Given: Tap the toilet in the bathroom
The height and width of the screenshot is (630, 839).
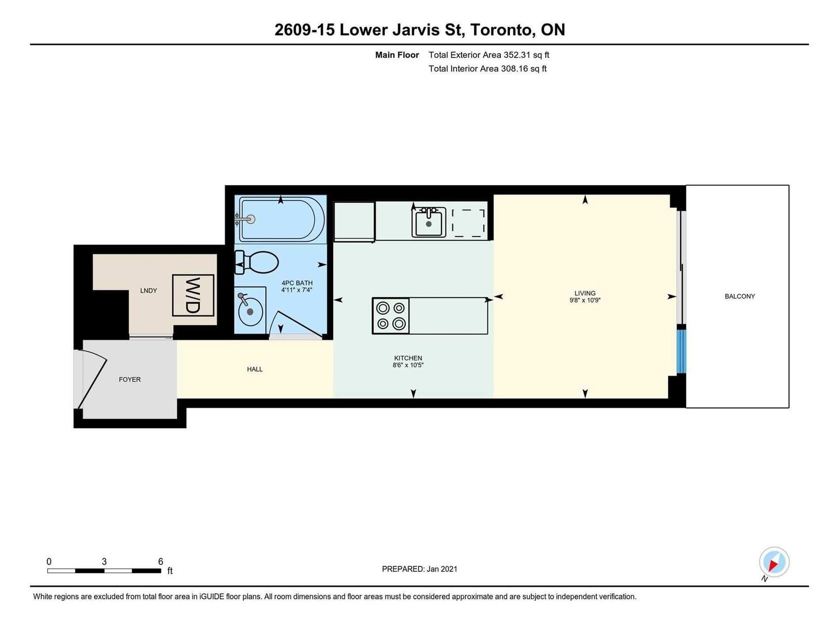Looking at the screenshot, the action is pos(256,262).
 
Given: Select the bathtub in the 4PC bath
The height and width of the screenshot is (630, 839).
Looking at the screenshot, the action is pos(282,219).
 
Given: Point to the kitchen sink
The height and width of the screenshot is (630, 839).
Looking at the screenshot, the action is pos(429,222).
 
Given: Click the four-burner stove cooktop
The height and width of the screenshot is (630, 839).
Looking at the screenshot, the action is pos(391,316).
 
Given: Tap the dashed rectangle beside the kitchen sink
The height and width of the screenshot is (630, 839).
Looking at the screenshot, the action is pos(468,223).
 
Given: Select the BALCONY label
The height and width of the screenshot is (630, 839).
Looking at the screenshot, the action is pos(739,296).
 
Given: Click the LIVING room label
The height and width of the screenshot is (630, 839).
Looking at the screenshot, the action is pos(585,293).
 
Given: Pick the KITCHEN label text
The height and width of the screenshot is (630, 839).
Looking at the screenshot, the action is pos(408,358).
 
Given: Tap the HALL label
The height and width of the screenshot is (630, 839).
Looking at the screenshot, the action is pos(254,369).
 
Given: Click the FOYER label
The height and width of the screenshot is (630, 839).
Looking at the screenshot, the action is pos(130,380).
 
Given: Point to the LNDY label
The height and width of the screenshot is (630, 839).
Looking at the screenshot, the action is pos(148,291).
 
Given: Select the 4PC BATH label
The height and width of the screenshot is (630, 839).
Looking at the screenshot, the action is pos(297,283).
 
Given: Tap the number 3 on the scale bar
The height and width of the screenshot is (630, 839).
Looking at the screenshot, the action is pos(104,562).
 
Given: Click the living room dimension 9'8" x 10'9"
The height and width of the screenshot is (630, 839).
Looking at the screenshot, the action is pos(585,301).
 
